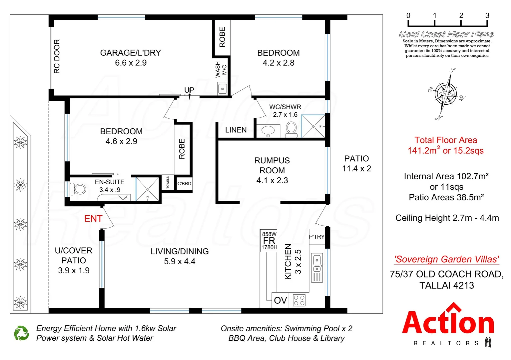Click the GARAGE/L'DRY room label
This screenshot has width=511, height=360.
[131, 53]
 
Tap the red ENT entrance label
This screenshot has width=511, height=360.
[93, 219]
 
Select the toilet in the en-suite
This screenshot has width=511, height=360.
[79, 189]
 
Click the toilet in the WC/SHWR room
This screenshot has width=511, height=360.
[291, 129]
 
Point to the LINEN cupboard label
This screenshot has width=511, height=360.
[236, 130]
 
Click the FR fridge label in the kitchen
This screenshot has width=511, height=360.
[269, 241]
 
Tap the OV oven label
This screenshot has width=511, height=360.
[280, 301]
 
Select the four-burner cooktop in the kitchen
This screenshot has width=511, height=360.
[299, 300]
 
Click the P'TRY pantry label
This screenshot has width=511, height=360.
[316, 237]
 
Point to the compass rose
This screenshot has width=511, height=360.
[446, 94]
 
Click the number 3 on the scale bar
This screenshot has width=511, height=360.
[487, 16]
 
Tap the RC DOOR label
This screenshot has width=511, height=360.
[57, 56]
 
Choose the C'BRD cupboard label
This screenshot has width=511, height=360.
[184, 184]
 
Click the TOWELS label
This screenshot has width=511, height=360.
[168, 182]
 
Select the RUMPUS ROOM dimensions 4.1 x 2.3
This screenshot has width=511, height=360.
[272, 181]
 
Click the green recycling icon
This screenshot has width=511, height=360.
[22, 333]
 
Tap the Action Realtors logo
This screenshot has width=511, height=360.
[448, 325]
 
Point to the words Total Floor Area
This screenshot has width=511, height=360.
[446, 140]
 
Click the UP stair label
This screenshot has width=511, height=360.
[189, 90]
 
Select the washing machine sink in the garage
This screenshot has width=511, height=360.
[223, 89]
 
